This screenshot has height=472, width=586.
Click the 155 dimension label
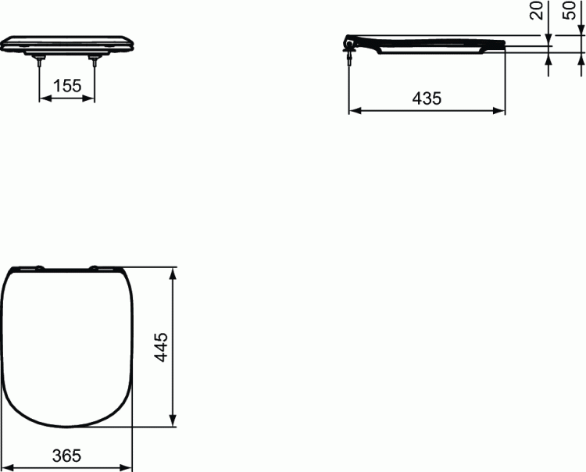coord(67,86)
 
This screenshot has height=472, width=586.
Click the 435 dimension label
coord(427,98)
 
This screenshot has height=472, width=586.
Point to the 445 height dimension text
coord(161,348)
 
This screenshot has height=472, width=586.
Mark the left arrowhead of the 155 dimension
coord(44,98)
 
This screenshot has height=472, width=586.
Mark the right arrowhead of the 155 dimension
coord(91,98)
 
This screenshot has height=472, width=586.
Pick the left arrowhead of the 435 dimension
coord(352,111)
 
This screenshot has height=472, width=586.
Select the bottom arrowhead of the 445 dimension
coord(173,424)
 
